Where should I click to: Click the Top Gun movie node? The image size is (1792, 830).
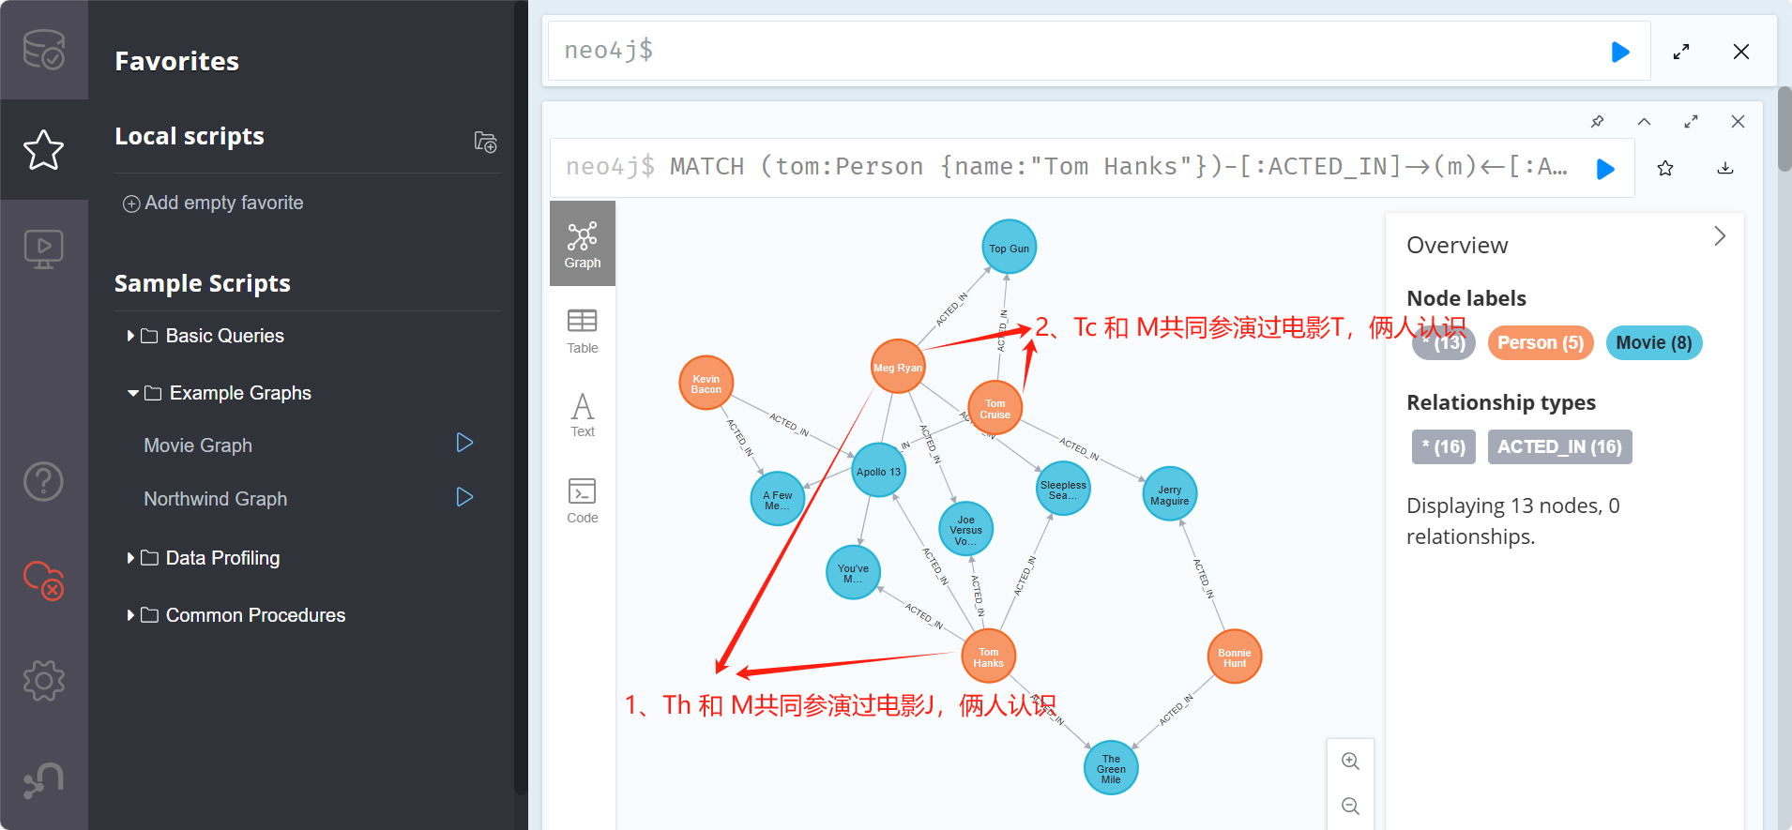click(1009, 248)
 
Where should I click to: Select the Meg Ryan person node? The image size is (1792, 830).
click(898, 367)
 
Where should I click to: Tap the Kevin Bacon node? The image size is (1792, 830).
click(706, 384)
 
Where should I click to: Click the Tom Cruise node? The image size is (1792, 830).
click(995, 408)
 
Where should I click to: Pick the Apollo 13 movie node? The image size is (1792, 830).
click(878, 471)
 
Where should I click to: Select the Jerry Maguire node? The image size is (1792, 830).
click(1169, 494)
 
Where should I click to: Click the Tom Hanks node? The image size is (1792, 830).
click(988, 656)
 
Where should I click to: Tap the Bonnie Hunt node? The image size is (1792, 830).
click(1234, 656)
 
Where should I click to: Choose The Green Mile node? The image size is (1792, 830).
click(1111, 768)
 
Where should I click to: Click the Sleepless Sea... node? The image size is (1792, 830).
click(1063, 489)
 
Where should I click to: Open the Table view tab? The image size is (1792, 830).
click(582, 331)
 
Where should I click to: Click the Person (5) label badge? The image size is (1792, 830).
click(1540, 342)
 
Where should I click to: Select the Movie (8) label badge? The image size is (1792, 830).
click(1653, 342)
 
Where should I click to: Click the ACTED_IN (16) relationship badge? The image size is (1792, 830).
click(1559, 446)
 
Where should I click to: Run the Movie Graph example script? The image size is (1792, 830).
click(464, 443)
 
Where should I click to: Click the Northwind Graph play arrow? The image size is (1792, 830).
click(464, 497)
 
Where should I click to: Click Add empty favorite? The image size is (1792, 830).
click(214, 203)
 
